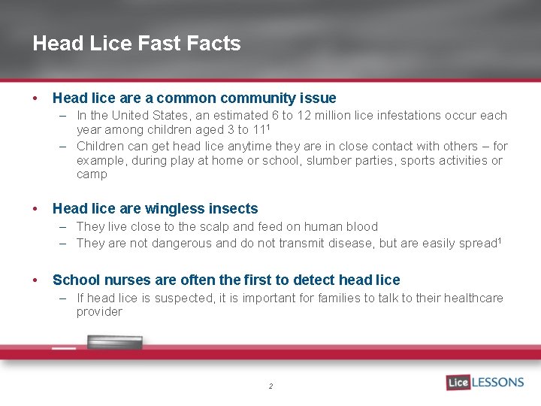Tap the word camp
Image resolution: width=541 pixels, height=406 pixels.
click(92, 174)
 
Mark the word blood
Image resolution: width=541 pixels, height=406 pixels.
click(361, 226)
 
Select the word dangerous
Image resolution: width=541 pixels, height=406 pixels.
click(182, 243)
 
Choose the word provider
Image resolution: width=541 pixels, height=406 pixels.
click(99, 312)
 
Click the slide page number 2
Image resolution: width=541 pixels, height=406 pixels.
click(270, 386)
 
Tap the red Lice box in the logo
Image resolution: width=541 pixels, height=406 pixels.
click(458, 382)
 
